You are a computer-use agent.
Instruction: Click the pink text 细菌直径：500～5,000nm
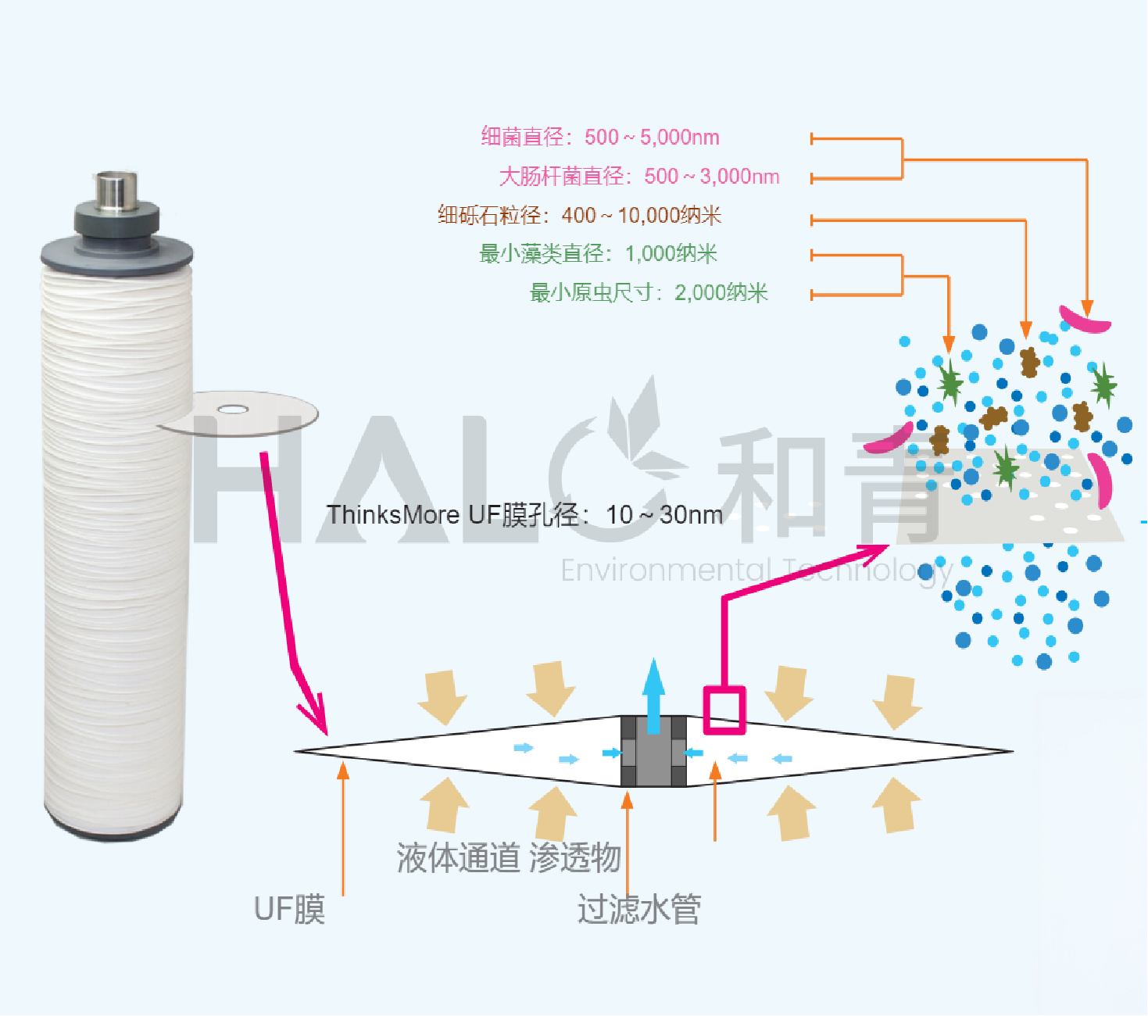pyautogui.click(x=600, y=138)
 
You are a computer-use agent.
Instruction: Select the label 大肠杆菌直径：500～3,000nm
pyautogui.click(x=639, y=177)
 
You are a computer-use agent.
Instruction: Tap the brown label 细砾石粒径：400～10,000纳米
pyautogui.click(x=579, y=215)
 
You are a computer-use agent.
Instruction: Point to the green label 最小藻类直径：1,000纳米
pyautogui.click(x=598, y=254)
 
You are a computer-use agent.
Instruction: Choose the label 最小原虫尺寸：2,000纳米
pyautogui.click(x=649, y=293)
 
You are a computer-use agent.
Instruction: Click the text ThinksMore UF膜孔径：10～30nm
pyautogui.click(x=524, y=515)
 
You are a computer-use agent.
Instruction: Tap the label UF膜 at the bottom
pyautogui.click(x=289, y=909)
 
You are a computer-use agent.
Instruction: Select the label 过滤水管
pyautogui.click(x=639, y=909)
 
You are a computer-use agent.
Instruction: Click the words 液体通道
pyautogui.click(x=458, y=857)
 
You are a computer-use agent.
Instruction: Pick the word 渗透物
pyautogui.click(x=575, y=857)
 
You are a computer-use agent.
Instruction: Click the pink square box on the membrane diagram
pyautogui.click(x=724, y=710)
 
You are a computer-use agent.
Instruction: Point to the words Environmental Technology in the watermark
pyautogui.click(x=756, y=571)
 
